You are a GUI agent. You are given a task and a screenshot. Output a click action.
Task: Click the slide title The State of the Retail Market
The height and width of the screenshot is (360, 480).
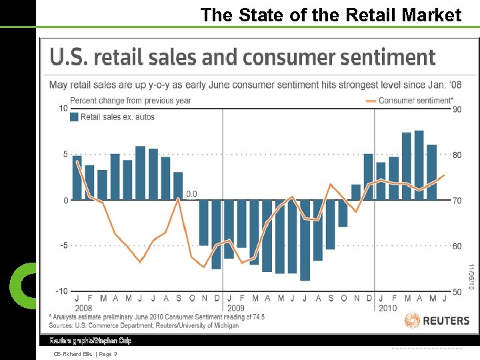click(x=331, y=15)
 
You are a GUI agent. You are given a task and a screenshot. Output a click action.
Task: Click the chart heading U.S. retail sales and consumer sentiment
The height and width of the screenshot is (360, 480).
click(x=243, y=58)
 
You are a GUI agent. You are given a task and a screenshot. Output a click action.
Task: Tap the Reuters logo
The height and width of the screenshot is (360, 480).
click(x=437, y=321)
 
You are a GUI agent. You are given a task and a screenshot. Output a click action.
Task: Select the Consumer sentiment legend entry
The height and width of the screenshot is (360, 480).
click(x=409, y=101)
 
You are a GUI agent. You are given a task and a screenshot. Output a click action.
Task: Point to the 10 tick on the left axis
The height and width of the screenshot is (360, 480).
click(x=63, y=109)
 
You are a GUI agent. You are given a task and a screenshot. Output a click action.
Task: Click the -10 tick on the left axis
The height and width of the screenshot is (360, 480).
click(x=61, y=291)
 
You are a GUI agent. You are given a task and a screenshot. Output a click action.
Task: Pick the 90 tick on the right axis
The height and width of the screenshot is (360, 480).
click(x=457, y=109)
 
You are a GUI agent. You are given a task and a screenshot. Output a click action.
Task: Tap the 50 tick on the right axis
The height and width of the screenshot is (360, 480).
click(x=457, y=291)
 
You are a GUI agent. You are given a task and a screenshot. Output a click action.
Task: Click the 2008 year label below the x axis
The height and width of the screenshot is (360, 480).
click(x=83, y=308)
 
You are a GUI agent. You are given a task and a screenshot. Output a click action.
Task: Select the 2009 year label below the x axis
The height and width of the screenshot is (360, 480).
click(x=236, y=308)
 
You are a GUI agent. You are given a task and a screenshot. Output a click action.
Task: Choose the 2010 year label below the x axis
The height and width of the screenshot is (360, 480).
click(x=387, y=308)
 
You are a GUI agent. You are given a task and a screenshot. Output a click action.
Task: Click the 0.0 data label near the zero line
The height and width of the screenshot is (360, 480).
click(x=191, y=194)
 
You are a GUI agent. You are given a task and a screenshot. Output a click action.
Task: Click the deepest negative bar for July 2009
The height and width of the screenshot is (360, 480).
click(x=305, y=240)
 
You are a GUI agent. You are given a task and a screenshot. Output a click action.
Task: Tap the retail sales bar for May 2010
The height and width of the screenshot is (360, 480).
click(x=431, y=172)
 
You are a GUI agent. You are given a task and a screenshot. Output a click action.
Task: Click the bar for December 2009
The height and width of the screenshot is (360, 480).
click(x=368, y=177)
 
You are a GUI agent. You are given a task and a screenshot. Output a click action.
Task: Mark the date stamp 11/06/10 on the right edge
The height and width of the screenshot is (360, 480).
click(x=471, y=276)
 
